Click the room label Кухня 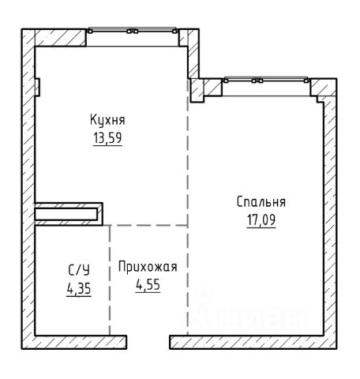(x=107, y=120)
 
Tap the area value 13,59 (x=107, y=138)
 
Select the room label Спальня (x=261, y=202)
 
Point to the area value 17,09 (x=261, y=220)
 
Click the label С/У (x=79, y=270)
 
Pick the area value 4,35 (x=79, y=289)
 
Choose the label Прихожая (x=148, y=267)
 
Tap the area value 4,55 (x=148, y=284)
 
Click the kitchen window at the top (x=133, y=31)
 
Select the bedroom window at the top (x=266, y=81)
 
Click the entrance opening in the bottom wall (x=148, y=342)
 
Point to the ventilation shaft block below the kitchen (x=69, y=214)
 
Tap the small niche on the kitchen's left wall (x=37, y=87)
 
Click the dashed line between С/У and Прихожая (x=110, y=280)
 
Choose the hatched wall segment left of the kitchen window (x=61, y=38)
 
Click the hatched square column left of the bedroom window (x=197, y=90)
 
